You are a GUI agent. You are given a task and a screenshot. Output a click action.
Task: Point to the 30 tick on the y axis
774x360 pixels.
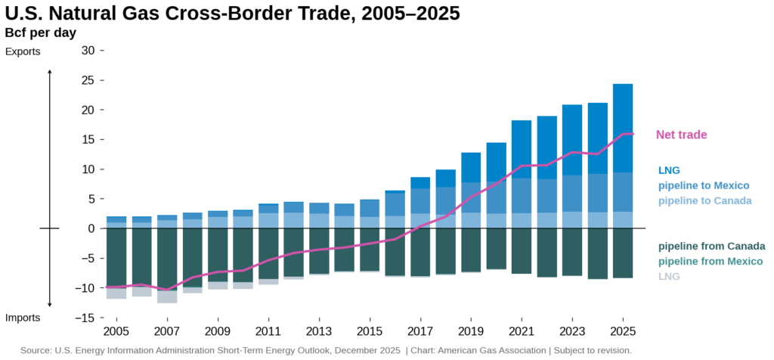coord(88,51)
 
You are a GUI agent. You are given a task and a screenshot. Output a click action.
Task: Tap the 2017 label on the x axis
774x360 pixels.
coord(420,331)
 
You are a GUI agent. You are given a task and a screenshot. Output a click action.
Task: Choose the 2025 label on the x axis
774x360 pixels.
coord(623,331)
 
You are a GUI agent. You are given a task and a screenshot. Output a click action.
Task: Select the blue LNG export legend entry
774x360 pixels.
coord(669,170)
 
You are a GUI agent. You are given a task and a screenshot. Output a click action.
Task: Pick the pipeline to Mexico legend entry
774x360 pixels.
coord(704,185)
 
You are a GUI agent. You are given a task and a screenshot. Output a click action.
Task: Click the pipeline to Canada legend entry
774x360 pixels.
coord(704,200)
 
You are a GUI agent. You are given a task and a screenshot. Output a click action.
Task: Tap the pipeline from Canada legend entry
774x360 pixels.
coord(711,246)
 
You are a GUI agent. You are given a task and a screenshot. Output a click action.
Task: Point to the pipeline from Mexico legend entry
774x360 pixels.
coord(711,261)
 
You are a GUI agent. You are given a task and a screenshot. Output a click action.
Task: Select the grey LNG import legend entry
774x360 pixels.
coord(669,276)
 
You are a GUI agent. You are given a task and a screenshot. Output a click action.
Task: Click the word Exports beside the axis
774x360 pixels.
coord(23,51)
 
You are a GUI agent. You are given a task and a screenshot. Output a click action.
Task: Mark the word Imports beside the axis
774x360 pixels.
coord(23,318)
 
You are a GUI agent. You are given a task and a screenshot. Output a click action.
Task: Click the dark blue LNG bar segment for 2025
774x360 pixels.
coord(623,129)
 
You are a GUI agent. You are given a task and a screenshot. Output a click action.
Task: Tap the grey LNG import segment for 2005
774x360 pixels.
coord(116,293)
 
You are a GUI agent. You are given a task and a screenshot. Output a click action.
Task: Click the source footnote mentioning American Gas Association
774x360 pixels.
coord(326,350)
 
